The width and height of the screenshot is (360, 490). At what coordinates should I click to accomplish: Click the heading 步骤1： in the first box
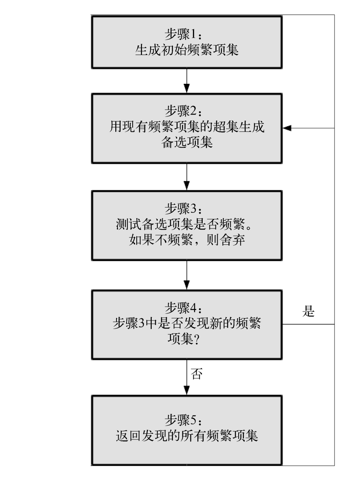point(183,34)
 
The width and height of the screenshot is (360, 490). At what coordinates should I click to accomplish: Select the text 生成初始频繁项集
point(187,50)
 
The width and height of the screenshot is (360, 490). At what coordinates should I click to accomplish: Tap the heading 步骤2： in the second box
point(183,111)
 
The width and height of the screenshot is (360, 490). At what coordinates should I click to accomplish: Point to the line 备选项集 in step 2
point(187,142)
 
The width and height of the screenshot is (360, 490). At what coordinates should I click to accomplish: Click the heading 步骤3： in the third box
point(183,208)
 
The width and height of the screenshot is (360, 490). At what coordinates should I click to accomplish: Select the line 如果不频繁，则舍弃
point(187,240)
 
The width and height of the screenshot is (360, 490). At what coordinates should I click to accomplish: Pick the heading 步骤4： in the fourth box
point(183,308)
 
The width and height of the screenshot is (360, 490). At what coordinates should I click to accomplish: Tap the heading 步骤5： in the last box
point(183,420)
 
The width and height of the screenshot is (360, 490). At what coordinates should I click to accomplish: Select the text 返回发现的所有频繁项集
point(187,436)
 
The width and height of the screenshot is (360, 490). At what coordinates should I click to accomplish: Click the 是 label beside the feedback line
point(308,311)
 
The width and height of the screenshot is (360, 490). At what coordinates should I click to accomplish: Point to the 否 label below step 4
point(197,373)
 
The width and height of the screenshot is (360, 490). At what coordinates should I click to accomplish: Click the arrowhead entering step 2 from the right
point(287,128)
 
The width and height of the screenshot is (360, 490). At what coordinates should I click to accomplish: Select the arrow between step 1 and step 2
point(186,81)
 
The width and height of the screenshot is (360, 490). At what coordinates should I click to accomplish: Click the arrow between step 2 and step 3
point(186,177)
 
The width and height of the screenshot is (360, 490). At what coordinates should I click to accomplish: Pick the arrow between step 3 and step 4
point(186,275)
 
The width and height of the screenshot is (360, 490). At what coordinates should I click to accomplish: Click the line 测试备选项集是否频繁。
point(184,224)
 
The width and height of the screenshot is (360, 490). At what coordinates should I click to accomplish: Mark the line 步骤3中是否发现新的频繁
point(187,323)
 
